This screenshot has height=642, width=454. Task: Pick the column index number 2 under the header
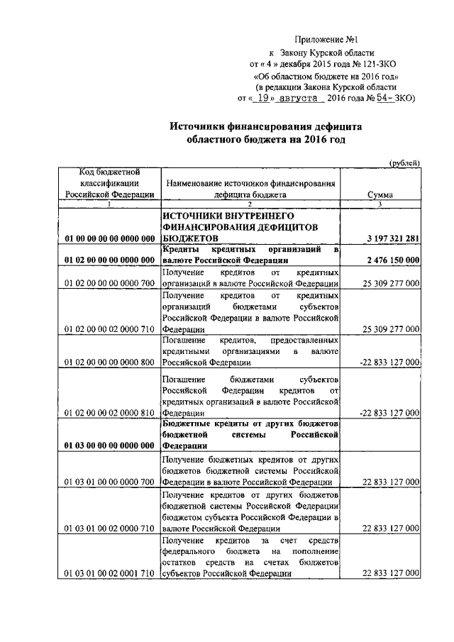250,204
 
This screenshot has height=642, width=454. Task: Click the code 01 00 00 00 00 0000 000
109,239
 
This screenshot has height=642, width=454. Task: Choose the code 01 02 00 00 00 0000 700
109,284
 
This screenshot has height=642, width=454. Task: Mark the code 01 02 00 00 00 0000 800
109,362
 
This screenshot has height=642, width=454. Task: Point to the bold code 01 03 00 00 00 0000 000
109,445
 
